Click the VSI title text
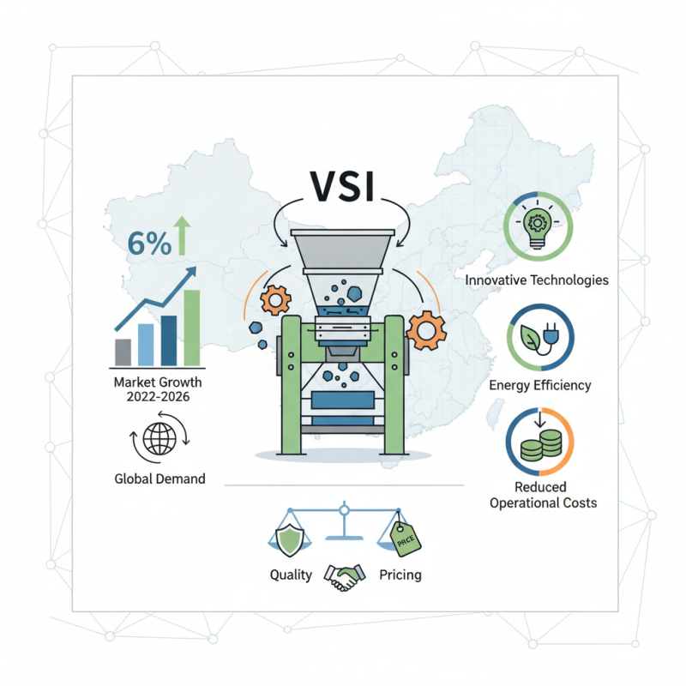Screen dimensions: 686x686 (x=342, y=186)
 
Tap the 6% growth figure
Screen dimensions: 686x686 (x=149, y=244)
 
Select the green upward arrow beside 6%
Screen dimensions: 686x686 (x=182, y=235)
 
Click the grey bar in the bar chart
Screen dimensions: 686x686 (x=123, y=352)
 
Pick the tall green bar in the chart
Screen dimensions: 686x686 (x=191, y=328)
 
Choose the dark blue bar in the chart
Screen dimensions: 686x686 (x=169, y=340)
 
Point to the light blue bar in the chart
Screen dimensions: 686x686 (x=146, y=345)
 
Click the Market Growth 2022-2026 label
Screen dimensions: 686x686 (x=158, y=389)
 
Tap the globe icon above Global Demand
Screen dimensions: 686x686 (x=159, y=438)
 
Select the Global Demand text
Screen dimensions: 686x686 (x=159, y=478)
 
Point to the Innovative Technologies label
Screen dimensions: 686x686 (x=537, y=280)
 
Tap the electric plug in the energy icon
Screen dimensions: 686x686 (x=550, y=334)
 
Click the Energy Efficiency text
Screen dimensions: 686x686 (x=540, y=385)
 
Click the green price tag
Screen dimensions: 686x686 (x=405, y=539)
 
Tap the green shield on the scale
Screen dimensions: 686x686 (x=289, y=540)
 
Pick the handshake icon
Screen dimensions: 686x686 (x=345, y=577)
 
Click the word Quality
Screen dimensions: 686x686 (x=291, y=575)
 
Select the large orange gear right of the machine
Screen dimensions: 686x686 (x=426, y=330)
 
